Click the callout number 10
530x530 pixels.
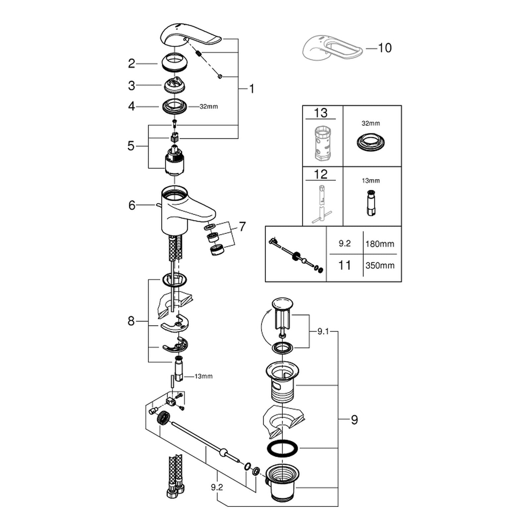pyautogui.click(x=385, y=48)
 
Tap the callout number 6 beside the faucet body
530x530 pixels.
pyautogui.click(x=132, y=205)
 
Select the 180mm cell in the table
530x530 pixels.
pyautogui.click(x=380, y=244)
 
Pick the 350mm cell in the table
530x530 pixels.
pyautogui.click(x=380, y=266)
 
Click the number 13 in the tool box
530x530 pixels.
pyautogui.click(x=320, y=113)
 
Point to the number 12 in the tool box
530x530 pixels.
pyautogui.click(x=320, y=174)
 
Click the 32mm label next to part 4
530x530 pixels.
pyautogui.click(x=209, y=107)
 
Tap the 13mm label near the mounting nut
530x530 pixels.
pyautogui.click(x=203, y=376)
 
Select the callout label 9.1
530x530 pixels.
pyautogui.click(x=323, y=331)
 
